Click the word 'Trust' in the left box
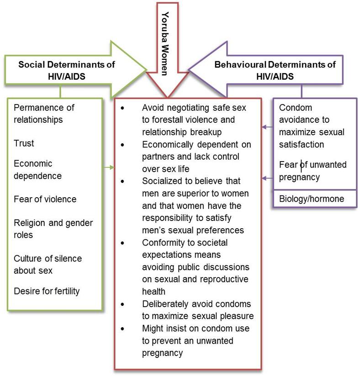click(x=24, y=143)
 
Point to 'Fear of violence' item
click(x=45, y=199)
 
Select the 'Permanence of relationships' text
click(x=44, y=114)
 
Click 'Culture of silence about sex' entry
click(x=48, y=264)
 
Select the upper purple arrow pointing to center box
click(x=267, y=127)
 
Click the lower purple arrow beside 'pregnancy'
click(x=267, y=177)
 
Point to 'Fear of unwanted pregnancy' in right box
click(x=312, y=171)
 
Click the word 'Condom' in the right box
click(x=295, y=108)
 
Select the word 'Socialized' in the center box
click(x=161, y=181)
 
